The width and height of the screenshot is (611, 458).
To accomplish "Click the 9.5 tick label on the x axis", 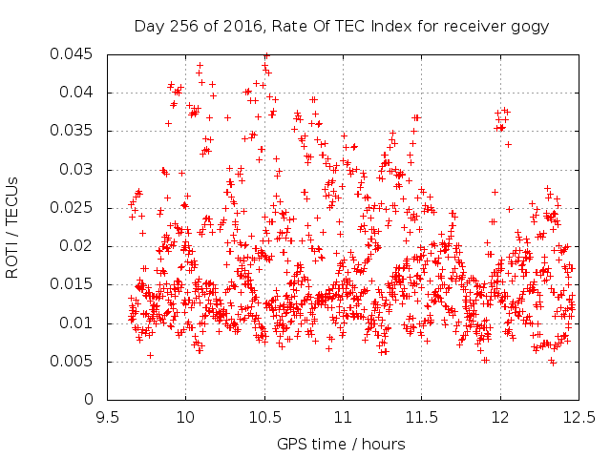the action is tap(107, 418).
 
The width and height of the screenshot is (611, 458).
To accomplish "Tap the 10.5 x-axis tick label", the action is tap(265, 418).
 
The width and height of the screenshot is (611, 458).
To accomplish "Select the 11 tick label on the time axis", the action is tap(344, 418).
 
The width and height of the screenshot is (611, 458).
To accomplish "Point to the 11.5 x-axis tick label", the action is tap(422, 418).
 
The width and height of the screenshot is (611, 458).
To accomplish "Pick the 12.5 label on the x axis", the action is tap(579, 418).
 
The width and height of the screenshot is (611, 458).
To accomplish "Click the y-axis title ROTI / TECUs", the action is tap(12, 228).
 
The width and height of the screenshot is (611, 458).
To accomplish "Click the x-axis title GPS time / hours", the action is tap(341, 444).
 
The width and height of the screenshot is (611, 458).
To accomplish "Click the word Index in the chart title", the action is tap(391, 26).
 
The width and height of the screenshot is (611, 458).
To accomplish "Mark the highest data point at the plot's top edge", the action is tap(266, 56).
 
